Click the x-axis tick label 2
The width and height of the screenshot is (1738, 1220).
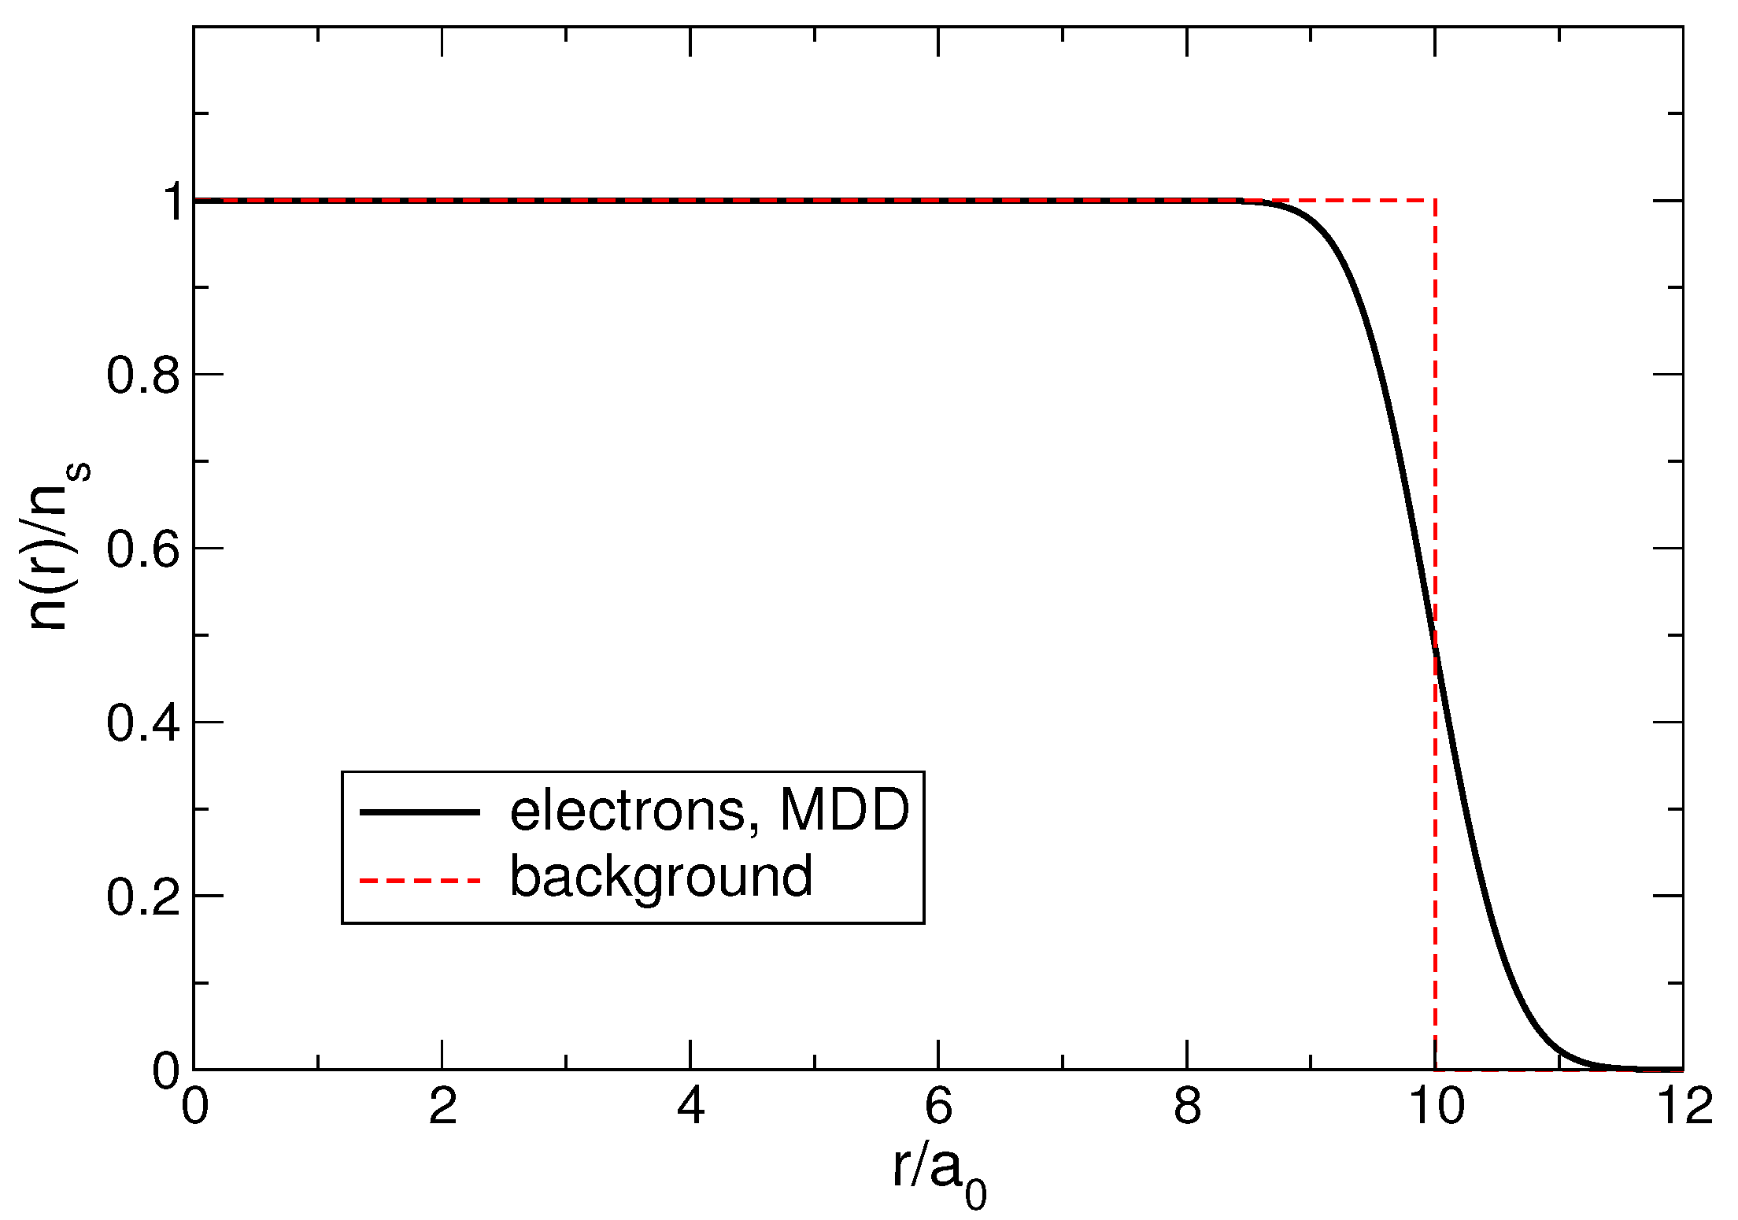442,1107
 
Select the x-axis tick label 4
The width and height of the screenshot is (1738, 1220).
690,1107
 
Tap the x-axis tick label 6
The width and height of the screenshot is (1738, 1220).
938,1107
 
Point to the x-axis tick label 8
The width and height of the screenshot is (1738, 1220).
1187,1107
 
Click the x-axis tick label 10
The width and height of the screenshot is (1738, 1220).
1435,1107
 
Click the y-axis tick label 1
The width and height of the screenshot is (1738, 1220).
172,201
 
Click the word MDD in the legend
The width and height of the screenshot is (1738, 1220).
844,810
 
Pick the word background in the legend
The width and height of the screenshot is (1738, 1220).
661,877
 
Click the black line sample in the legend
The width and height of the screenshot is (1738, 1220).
420,811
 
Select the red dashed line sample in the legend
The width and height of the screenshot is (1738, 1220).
420,879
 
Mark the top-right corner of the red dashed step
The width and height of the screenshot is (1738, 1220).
1436,201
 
